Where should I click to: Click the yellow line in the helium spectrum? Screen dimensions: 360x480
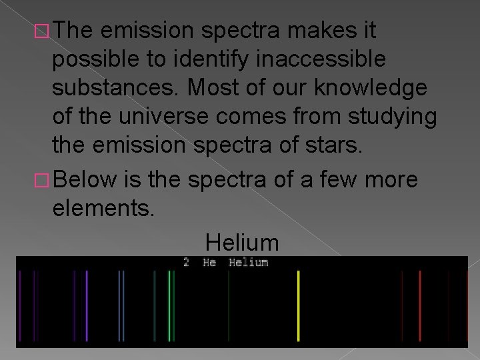coord(298,305)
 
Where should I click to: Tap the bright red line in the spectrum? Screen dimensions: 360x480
coord(419,305)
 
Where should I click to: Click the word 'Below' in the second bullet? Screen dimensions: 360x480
coord(85,180)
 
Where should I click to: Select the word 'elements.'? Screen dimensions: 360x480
coord(103,209)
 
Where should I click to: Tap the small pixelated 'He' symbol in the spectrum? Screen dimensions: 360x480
coord(209,263)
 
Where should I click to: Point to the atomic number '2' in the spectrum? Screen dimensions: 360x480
coord(187,263)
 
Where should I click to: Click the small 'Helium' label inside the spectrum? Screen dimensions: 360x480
coord(248,263)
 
